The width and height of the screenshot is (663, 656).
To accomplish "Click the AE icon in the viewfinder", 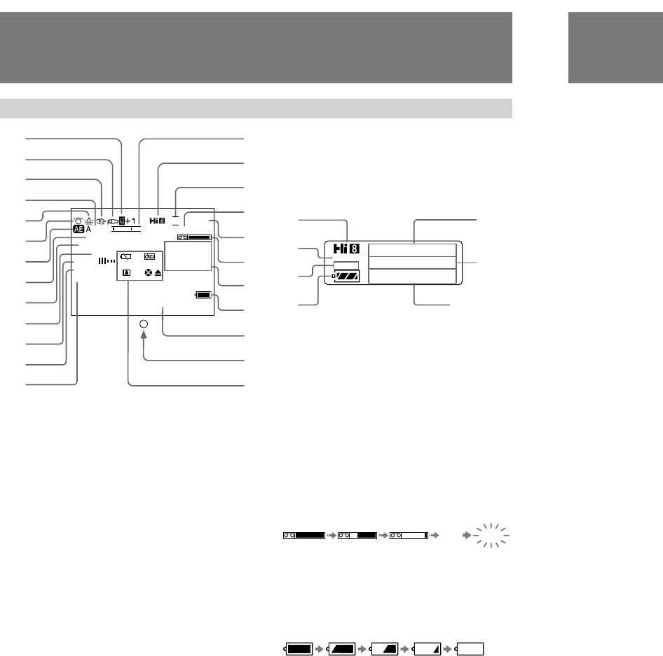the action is coord(77,229).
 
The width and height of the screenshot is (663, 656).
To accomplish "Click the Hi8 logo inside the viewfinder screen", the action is coord(157,221).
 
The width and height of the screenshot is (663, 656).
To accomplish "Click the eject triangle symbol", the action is coord(158,273).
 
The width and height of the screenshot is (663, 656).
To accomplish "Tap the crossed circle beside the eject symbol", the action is coord(148,273).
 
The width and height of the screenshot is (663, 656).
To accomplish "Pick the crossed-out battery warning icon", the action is coord(125,256).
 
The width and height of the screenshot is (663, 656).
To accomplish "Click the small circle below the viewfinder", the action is coord(144,324).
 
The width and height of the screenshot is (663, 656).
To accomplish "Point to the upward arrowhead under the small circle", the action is coord(144,337).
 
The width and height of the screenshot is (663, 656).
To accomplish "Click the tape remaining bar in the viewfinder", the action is coord(194,238).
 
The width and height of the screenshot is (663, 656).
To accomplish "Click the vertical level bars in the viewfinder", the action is coord(106,260).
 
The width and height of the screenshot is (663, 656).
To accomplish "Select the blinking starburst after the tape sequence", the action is coord(491,536).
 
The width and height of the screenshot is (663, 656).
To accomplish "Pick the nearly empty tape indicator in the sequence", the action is coord(409,536).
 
